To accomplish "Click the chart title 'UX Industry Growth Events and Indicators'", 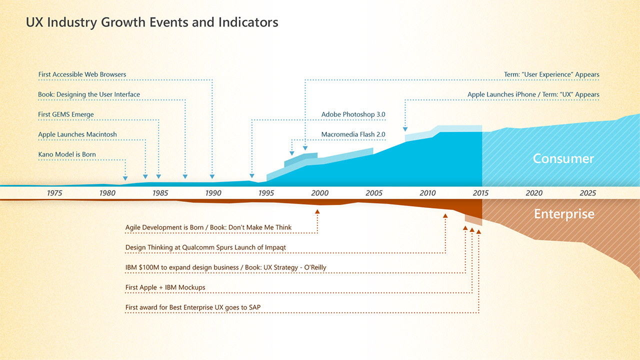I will coord(152,22).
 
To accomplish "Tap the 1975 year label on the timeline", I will coord(54,193).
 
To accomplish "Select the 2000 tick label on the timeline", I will coord(319,193).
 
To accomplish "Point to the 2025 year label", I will coord(588,193).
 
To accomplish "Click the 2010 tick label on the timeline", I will coord(427,193).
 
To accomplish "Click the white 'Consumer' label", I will coord(563,158).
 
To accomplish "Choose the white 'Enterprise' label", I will coord(564,214).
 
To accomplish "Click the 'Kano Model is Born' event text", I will coord(67,154).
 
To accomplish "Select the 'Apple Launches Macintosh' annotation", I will coord(77,134).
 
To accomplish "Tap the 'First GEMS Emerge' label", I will coord(66,114).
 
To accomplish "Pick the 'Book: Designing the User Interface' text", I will coord(89,94).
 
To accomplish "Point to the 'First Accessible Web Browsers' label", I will coord(82,74).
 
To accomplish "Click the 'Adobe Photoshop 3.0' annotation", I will coord(353,114).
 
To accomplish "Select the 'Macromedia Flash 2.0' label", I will coord(353,134).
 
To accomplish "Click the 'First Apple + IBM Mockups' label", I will coord(165,287).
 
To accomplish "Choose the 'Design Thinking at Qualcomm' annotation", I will coord(205,247).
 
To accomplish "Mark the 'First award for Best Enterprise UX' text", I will coord(192,307).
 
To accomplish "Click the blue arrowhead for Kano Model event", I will coord(125,178).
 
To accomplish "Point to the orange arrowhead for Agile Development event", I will coord(317,211).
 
